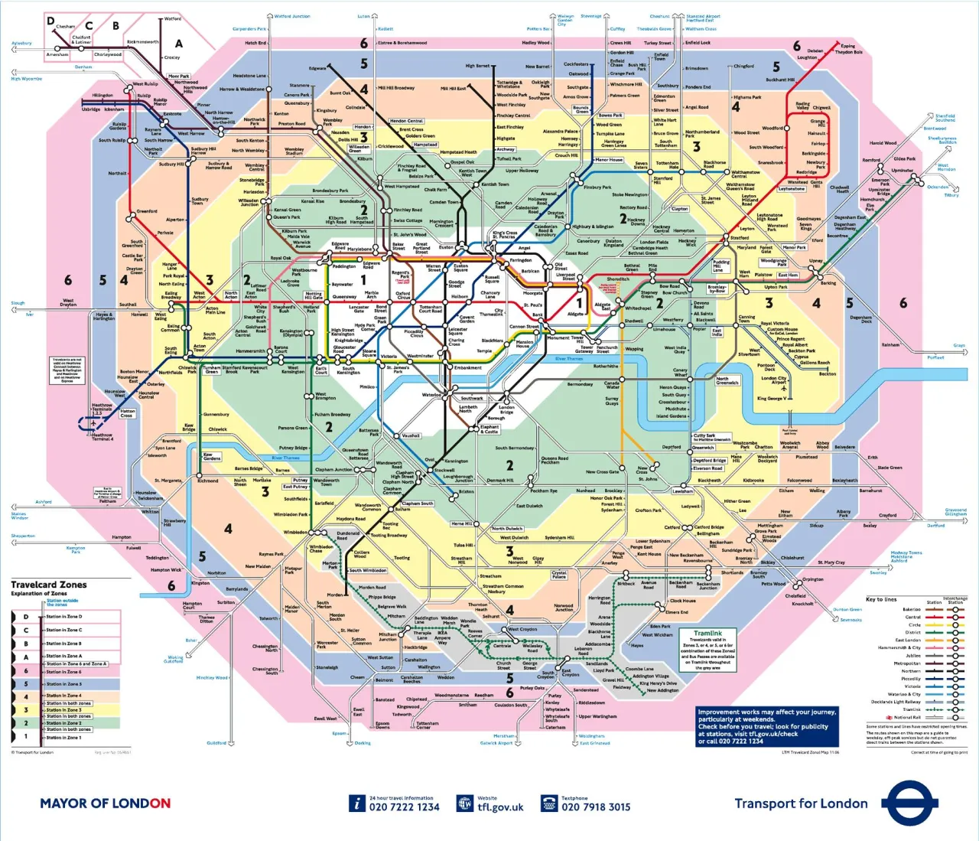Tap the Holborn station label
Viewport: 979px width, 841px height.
(x=459, y=297)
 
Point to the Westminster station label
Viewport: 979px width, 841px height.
(x=420, y=356)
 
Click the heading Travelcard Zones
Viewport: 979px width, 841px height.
(x=49, y=585)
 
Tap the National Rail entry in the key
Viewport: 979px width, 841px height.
(x=908, y=718)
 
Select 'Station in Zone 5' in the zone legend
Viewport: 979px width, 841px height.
(x=63, y=684)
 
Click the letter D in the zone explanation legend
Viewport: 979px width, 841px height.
(x=25, y=617)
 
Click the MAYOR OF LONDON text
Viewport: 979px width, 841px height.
(x=105, y=804)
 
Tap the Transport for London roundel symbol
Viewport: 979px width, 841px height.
(x=909, y=803)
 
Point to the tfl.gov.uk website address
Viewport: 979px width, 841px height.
(x=500, y=807)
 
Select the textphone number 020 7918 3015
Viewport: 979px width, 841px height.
(x=596, y=807)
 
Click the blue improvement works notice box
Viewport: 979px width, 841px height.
(x=767, y=726)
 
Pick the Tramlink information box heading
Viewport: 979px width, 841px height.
(x=707, y=634)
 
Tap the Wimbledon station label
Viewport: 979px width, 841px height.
(x=295, y=532)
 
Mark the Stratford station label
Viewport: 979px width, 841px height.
(x=739, y=238)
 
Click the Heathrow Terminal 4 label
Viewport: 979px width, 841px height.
(x=102, y=437)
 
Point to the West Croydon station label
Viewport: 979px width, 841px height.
(x=523, y=630)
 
